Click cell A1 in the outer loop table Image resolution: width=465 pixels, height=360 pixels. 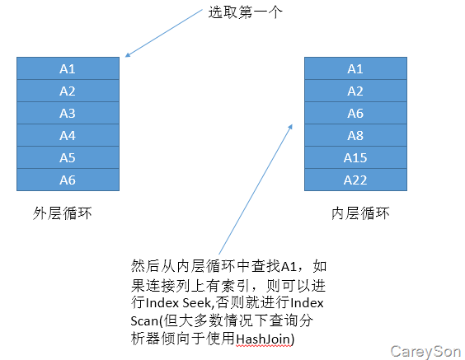point(68,68)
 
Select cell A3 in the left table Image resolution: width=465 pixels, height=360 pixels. point(68,113)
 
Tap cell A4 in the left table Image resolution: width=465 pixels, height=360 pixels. point(68,135)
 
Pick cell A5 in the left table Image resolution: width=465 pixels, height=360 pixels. point(68,157)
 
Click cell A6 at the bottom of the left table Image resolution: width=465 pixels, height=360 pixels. point(68,180)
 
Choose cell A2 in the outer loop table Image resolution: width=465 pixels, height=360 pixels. point(68,91)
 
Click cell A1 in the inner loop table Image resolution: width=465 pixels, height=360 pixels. point(355,68)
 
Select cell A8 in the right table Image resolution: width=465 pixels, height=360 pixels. point(355,135)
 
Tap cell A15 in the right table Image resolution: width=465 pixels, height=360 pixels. point(355,157)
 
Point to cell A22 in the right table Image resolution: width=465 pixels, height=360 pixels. point(355,180)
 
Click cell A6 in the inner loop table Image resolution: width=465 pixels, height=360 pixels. point(355,113)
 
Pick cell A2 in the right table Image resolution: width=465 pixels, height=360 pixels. point(355,91)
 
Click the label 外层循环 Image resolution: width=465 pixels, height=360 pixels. point(63,213)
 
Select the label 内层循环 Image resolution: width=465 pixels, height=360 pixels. point(360,213)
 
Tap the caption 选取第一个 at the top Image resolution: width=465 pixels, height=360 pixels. point(245,12)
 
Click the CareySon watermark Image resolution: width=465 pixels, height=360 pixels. point(425,352)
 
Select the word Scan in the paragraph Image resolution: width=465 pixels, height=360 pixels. point(144,321)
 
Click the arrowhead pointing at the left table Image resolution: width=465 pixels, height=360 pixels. point(128,54)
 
